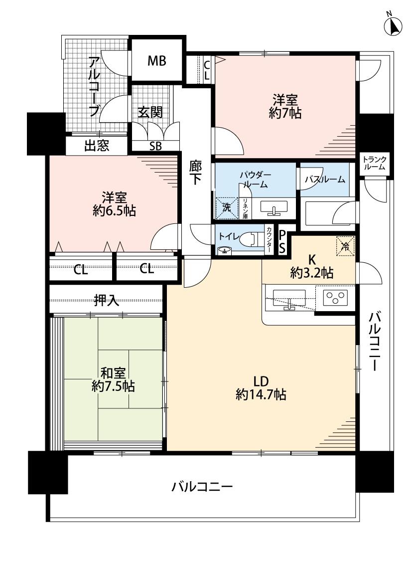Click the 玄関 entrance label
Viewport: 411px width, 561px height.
150,113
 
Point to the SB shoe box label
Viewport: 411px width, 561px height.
155,146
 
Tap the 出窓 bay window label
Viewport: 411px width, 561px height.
97,146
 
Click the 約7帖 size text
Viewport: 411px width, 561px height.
284,113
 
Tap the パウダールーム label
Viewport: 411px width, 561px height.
255,180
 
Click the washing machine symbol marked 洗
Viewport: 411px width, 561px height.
226,208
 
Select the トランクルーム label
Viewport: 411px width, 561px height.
374,164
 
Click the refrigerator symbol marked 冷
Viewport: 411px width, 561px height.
344,244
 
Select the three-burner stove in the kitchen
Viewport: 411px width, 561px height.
335,298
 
